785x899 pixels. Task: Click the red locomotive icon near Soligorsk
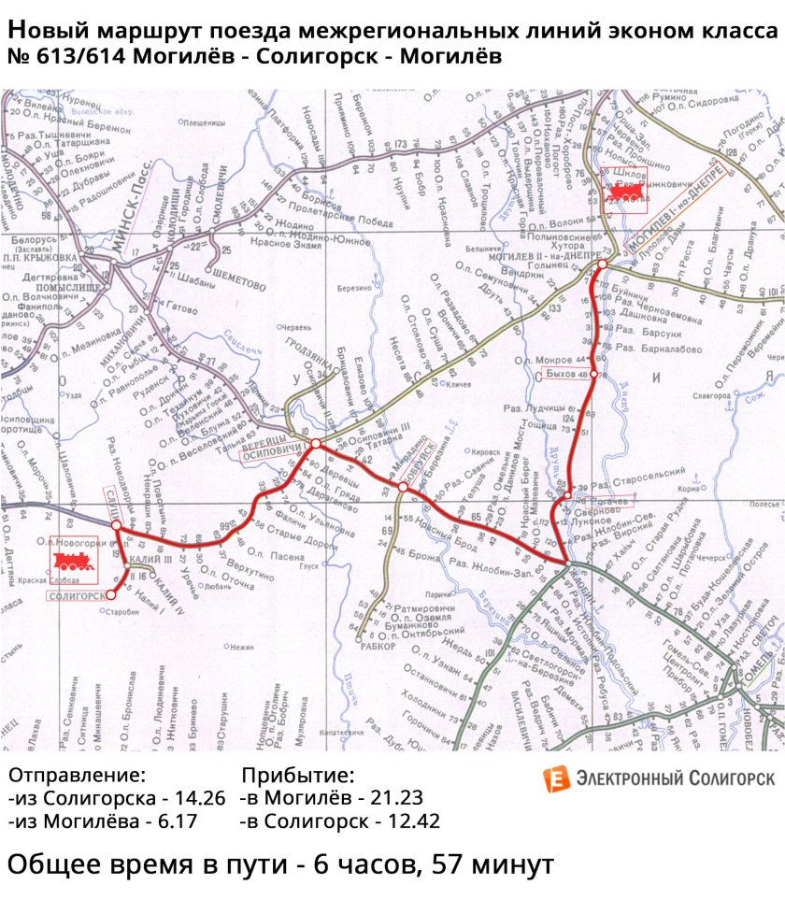pyautogui.click(x=72, y=561)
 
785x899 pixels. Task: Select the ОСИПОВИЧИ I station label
pyautogui.click(x=273, y=449)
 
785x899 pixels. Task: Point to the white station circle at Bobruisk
pyautogui.click(x=403, y=487)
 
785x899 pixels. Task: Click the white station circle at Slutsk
pyautogui.click(x=116, y=526)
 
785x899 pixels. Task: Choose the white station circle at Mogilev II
pyautogui.click(x=603, y=264)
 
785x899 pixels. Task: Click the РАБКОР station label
pyautogui.click(x=378, y=645)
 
